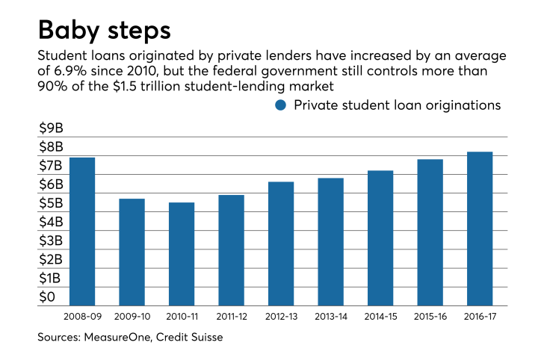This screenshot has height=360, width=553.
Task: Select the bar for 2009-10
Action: click(132, 252)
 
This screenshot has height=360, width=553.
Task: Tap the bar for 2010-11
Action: click(182, 254)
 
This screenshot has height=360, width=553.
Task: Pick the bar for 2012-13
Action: click(281, 243)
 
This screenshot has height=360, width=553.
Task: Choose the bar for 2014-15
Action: click(380, 238)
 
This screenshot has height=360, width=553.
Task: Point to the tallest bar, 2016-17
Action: click(480, 229)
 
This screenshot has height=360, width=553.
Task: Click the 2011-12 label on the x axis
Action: click(231, 317)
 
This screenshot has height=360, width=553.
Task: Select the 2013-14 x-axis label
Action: click(330, 317)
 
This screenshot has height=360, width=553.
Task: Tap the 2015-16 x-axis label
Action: click(430, 317)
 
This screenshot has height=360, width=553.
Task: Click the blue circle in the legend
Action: click(281, 105)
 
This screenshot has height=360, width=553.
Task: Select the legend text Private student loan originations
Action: click(397, 105)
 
